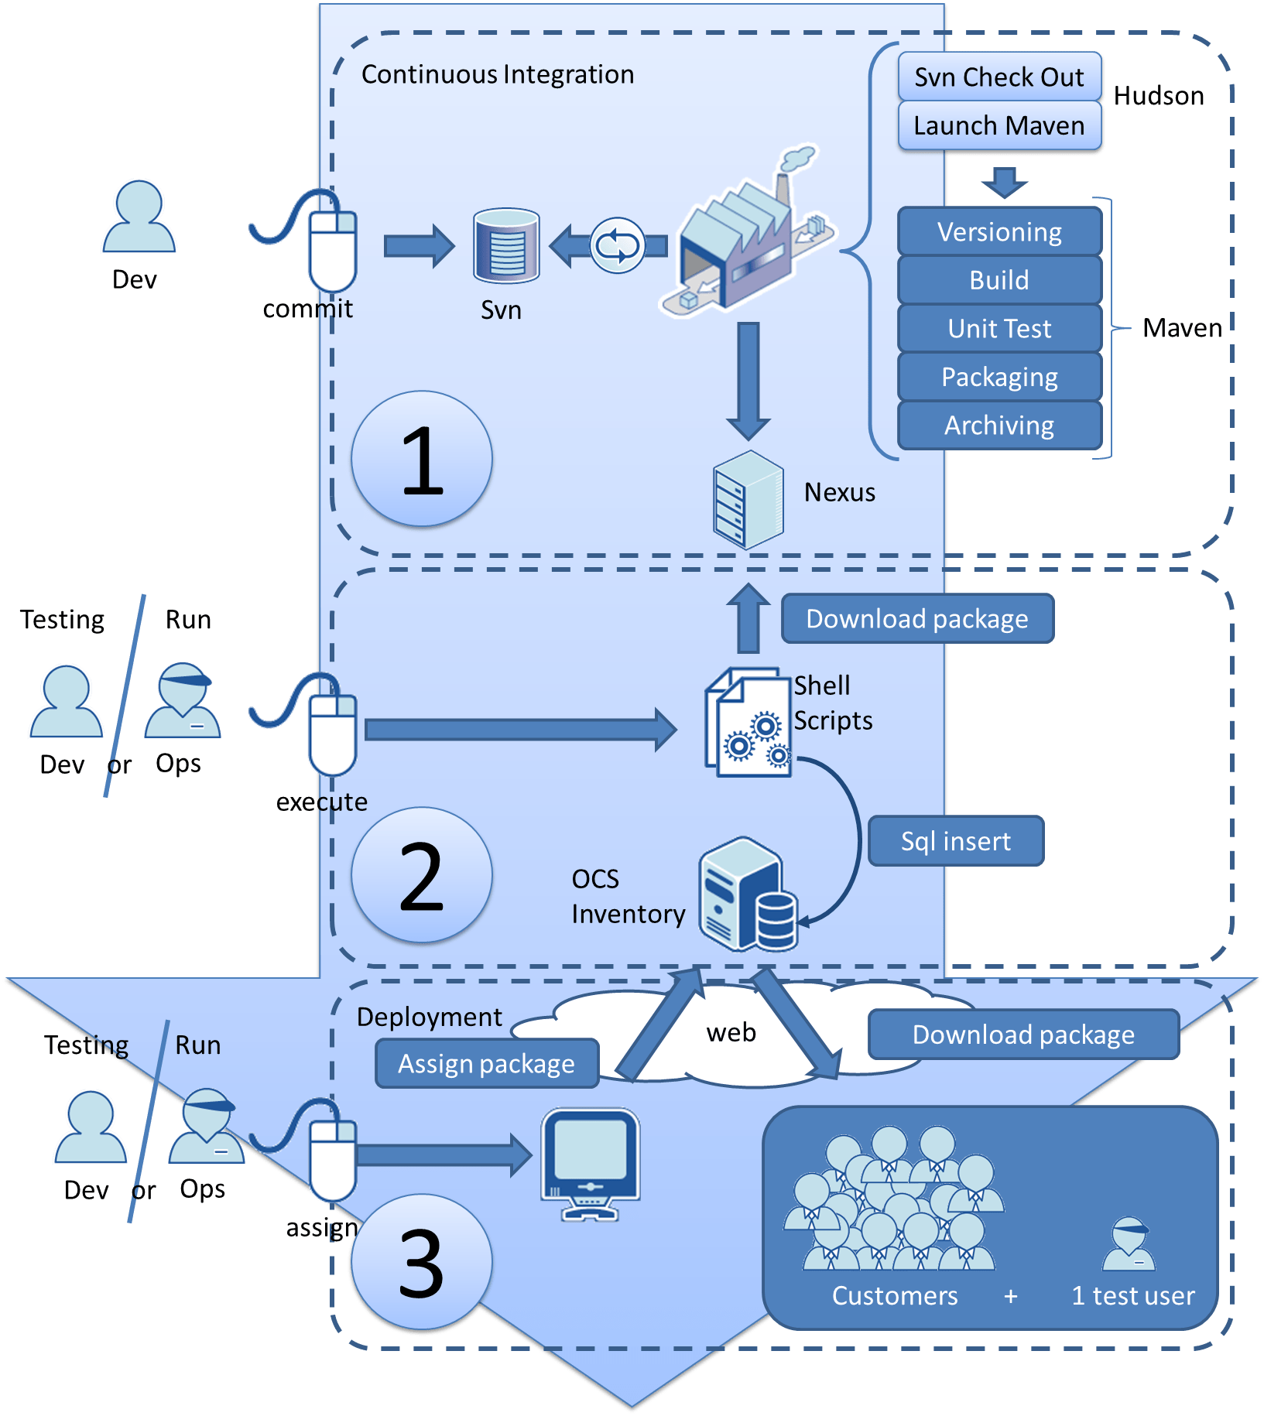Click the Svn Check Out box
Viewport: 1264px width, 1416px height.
tap(999, 77)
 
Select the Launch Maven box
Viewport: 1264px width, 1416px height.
tap(999, 125)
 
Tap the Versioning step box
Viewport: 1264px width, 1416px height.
tap(999, 231)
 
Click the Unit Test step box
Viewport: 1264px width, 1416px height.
tap(999, 328)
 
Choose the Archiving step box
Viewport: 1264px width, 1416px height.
tap(999, 425)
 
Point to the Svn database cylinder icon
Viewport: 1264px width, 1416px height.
tap(506, 245)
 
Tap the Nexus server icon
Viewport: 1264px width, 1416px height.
tap(748, 500)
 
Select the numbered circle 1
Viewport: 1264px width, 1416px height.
tap(422, 459)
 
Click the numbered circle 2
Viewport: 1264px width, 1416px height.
tap(422, 875)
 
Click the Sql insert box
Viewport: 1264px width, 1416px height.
tap(955, 841)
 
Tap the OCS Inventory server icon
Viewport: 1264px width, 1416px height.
tap(748, 895)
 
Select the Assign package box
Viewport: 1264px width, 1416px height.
tap(486, 1064)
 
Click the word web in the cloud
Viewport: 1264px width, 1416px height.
tap(731, 1032)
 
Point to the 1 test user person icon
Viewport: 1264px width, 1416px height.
tap(1129, 1245)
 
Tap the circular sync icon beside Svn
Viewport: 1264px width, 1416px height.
tap(618, 245)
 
